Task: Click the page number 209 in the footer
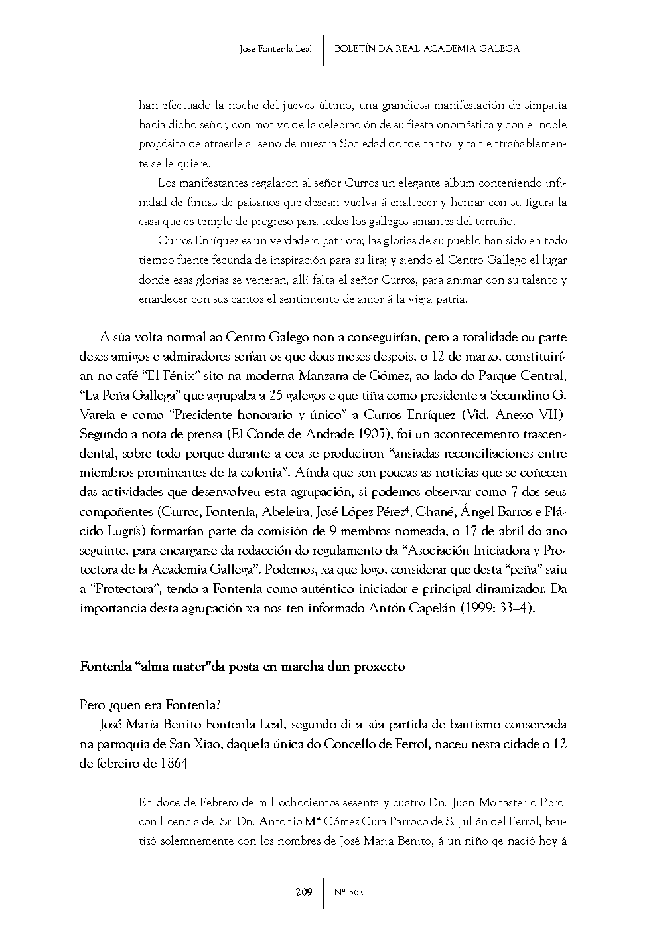tap(303, 892)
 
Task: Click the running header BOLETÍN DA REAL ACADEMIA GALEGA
tap(427, 48)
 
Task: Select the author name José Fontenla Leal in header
tap(275, 48)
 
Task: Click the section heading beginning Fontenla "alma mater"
tap(242, 667)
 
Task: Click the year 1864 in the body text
tap(174, 764)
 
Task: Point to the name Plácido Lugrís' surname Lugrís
tap(126, 531)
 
